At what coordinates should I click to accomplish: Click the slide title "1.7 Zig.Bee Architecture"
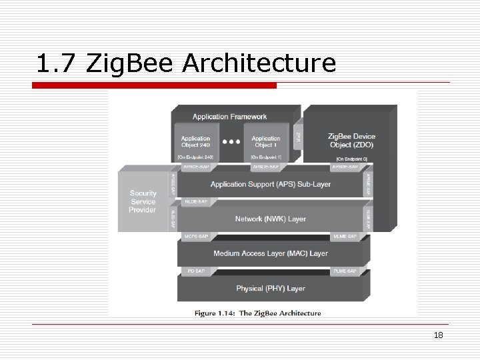[x=187, y=64]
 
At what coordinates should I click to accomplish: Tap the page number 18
[x=438, y=335]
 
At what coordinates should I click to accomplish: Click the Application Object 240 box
[x=195, y=142]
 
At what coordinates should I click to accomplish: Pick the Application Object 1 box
[x=266, y=142]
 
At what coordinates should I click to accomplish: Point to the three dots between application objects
[x=231, y=142]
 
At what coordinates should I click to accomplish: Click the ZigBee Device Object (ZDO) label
[x=351, y=140]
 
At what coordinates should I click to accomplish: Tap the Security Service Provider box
[x=143, y=202]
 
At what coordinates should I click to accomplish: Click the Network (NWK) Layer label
[x=270, y=219]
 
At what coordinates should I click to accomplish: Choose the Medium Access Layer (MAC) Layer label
[x=270, y=253]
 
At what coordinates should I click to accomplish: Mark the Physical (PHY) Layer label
[x=270, y=288]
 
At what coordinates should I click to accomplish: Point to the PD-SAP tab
[x=195, y=271]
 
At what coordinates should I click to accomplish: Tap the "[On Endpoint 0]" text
[x=351, y=159]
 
